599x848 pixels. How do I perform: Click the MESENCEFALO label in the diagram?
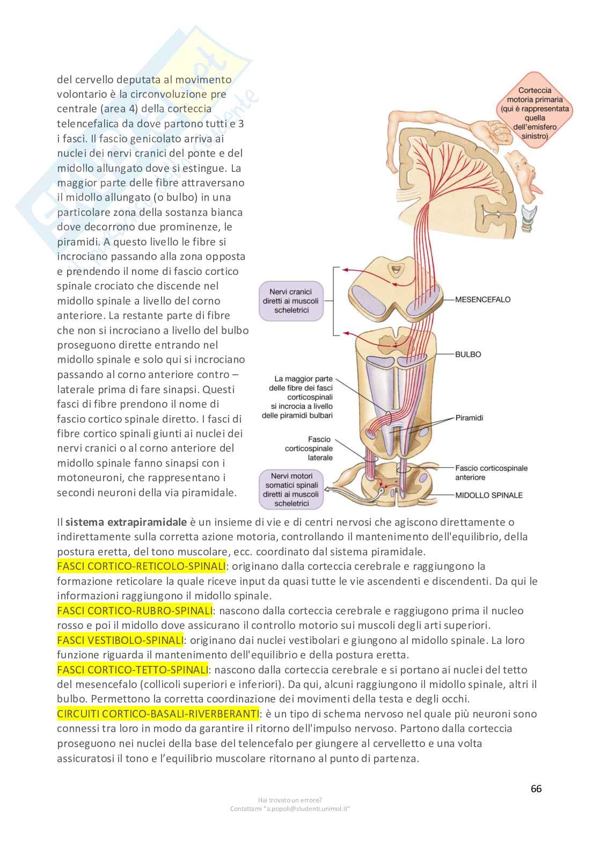(x=483, y=299)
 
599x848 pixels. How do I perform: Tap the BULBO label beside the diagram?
(x=468, y=354)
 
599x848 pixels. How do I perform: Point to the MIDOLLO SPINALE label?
(x=488, y=495)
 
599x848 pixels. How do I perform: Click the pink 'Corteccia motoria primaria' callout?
(x=534, y=113)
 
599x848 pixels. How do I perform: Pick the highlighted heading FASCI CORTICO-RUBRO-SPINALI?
(x=135, y=611)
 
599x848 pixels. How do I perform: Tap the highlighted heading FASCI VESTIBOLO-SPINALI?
(x=120, y=640)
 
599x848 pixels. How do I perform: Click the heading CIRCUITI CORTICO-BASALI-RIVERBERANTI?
(x=158, y=714)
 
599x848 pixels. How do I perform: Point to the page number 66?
(x=536, y=788)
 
